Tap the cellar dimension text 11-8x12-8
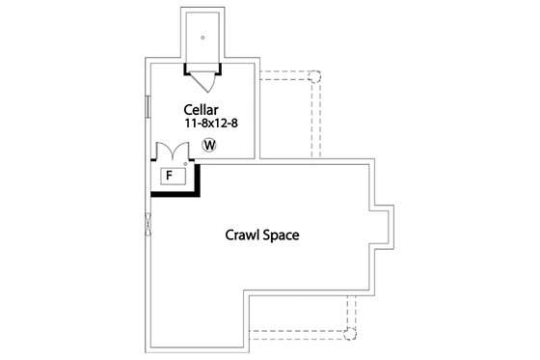tap(211, 125)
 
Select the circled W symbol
tap(210, 146)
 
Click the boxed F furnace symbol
tap(170, 176)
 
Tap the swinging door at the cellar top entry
tap(202, 75)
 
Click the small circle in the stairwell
tap(202, 39)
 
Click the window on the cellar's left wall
tap(148, 108)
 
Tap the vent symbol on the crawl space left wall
tap(148, 224)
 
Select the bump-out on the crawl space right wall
tap(382, 223)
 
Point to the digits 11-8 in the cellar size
tap(196, 125)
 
